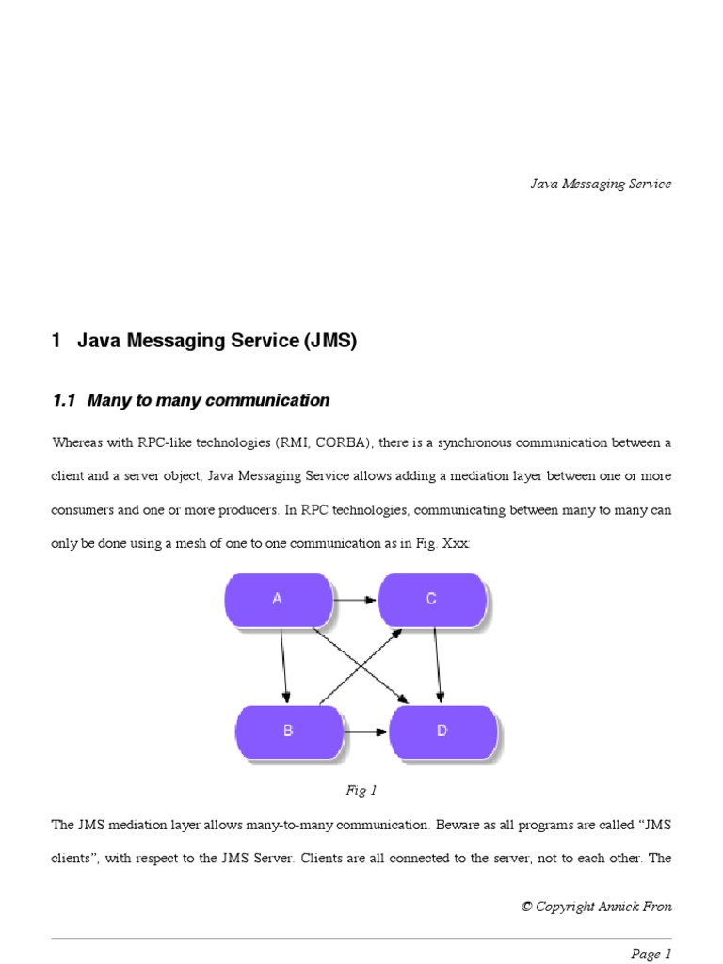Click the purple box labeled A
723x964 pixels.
point(278,599)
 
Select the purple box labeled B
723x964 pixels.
point(289,731)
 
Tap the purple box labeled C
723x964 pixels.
point(432,599)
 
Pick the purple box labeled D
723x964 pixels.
point(442,731)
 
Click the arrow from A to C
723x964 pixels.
point(355,599)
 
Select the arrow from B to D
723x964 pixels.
point(366,731)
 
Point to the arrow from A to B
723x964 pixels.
point(283,665)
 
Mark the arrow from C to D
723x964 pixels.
point(437,665)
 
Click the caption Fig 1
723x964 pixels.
point(361,791)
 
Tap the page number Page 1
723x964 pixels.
point(651,954)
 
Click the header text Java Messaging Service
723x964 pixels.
point(601,184)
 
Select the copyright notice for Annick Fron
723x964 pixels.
point(597,907)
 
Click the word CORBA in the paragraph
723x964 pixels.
point(341,442)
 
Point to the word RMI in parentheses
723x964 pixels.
point(295,442)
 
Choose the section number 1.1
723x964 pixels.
point(63,400)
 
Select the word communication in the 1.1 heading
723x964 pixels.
point(274,400)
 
